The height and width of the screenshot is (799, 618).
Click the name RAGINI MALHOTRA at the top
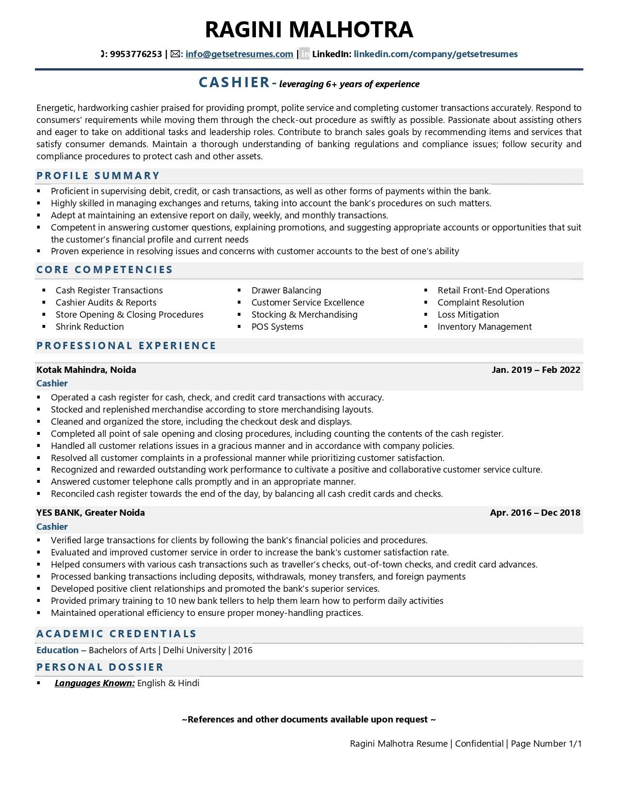tap(309, 30)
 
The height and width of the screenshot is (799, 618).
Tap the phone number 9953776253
tap(136, 54)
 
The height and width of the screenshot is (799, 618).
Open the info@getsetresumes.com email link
tap(239, 54)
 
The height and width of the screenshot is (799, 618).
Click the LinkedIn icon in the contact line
tap(304, 54)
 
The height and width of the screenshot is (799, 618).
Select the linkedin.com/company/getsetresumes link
tap(435, 54)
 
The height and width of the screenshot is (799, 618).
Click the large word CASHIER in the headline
tap(234, 83)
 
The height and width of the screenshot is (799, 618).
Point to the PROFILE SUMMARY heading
tap(98, 176)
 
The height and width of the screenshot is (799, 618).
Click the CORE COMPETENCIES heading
tap(104, 270)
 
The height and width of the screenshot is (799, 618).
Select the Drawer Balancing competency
tap(286, 291)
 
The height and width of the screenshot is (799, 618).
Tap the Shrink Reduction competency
tap(90, 327)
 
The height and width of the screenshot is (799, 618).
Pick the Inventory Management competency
tap(484, 327)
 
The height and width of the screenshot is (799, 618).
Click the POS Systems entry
tap(277, 327)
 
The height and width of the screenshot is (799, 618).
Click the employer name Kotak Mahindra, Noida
tap(86, 370)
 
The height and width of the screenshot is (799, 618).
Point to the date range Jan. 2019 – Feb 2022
tap(536, 370)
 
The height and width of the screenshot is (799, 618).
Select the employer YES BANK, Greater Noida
tap(91, 513)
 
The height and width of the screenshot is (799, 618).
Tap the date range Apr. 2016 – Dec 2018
tap(535, 513)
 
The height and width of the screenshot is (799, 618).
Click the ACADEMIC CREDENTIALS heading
tap(116, 634)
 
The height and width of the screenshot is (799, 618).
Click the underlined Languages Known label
tap(95, 683)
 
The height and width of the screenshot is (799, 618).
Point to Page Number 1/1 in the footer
tap(546, 744)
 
